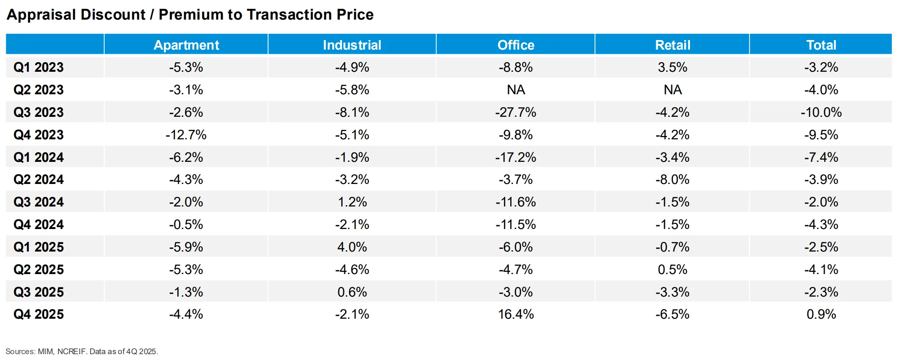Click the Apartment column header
(x=186, y=45)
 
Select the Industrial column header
(x=352, y=45)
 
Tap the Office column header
(x=516, y=45)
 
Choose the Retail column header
(x=672, y=45)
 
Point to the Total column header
(x=821, y=45)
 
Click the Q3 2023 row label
(x=38, y=112)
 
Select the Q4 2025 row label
(x=38, y=314)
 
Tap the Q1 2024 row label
(x=38, y=157)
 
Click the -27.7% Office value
(x=516, y=112)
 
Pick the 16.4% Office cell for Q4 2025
(x=516, y=314)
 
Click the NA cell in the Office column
(x=516, y=90)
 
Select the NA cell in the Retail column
(x=672, y=90)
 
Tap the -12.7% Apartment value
(x=186, y=135)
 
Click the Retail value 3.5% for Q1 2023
(x=672, y=67)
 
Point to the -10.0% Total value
(x=821, y=112)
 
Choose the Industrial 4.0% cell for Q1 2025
(x=352, y=247)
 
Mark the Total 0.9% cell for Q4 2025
(x=821, y=314)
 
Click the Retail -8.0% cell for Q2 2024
(x=672, y=179)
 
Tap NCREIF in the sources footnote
(x=72, y=352)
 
